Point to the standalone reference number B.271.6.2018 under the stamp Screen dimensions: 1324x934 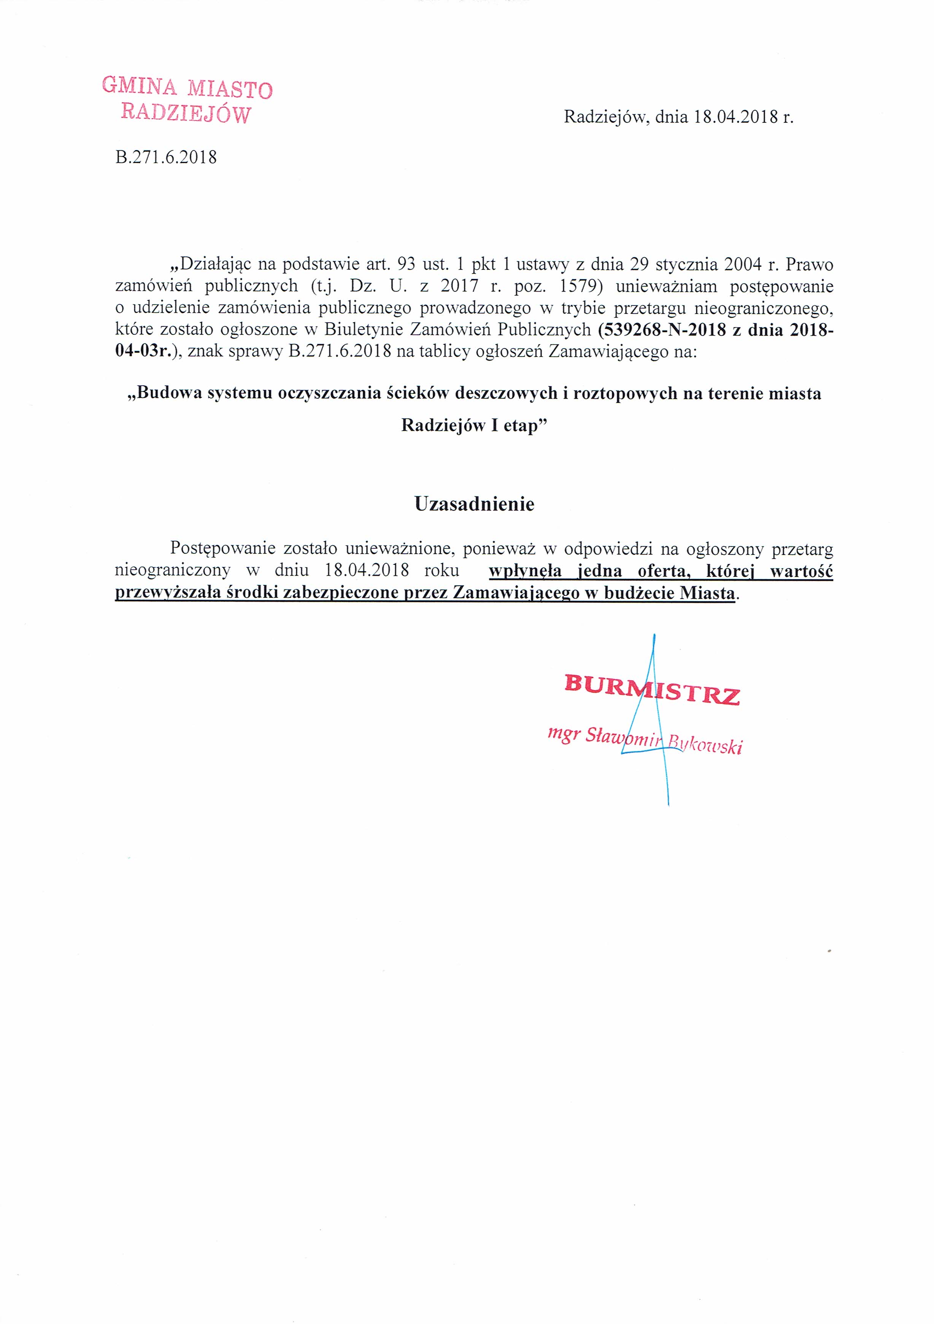pyautogui.click(x=166, y=157)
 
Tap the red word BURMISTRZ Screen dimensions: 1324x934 pyautogui.click(x=652, y=689)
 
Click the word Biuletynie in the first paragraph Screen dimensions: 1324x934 pyautogui.click(x=364, y=330)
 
